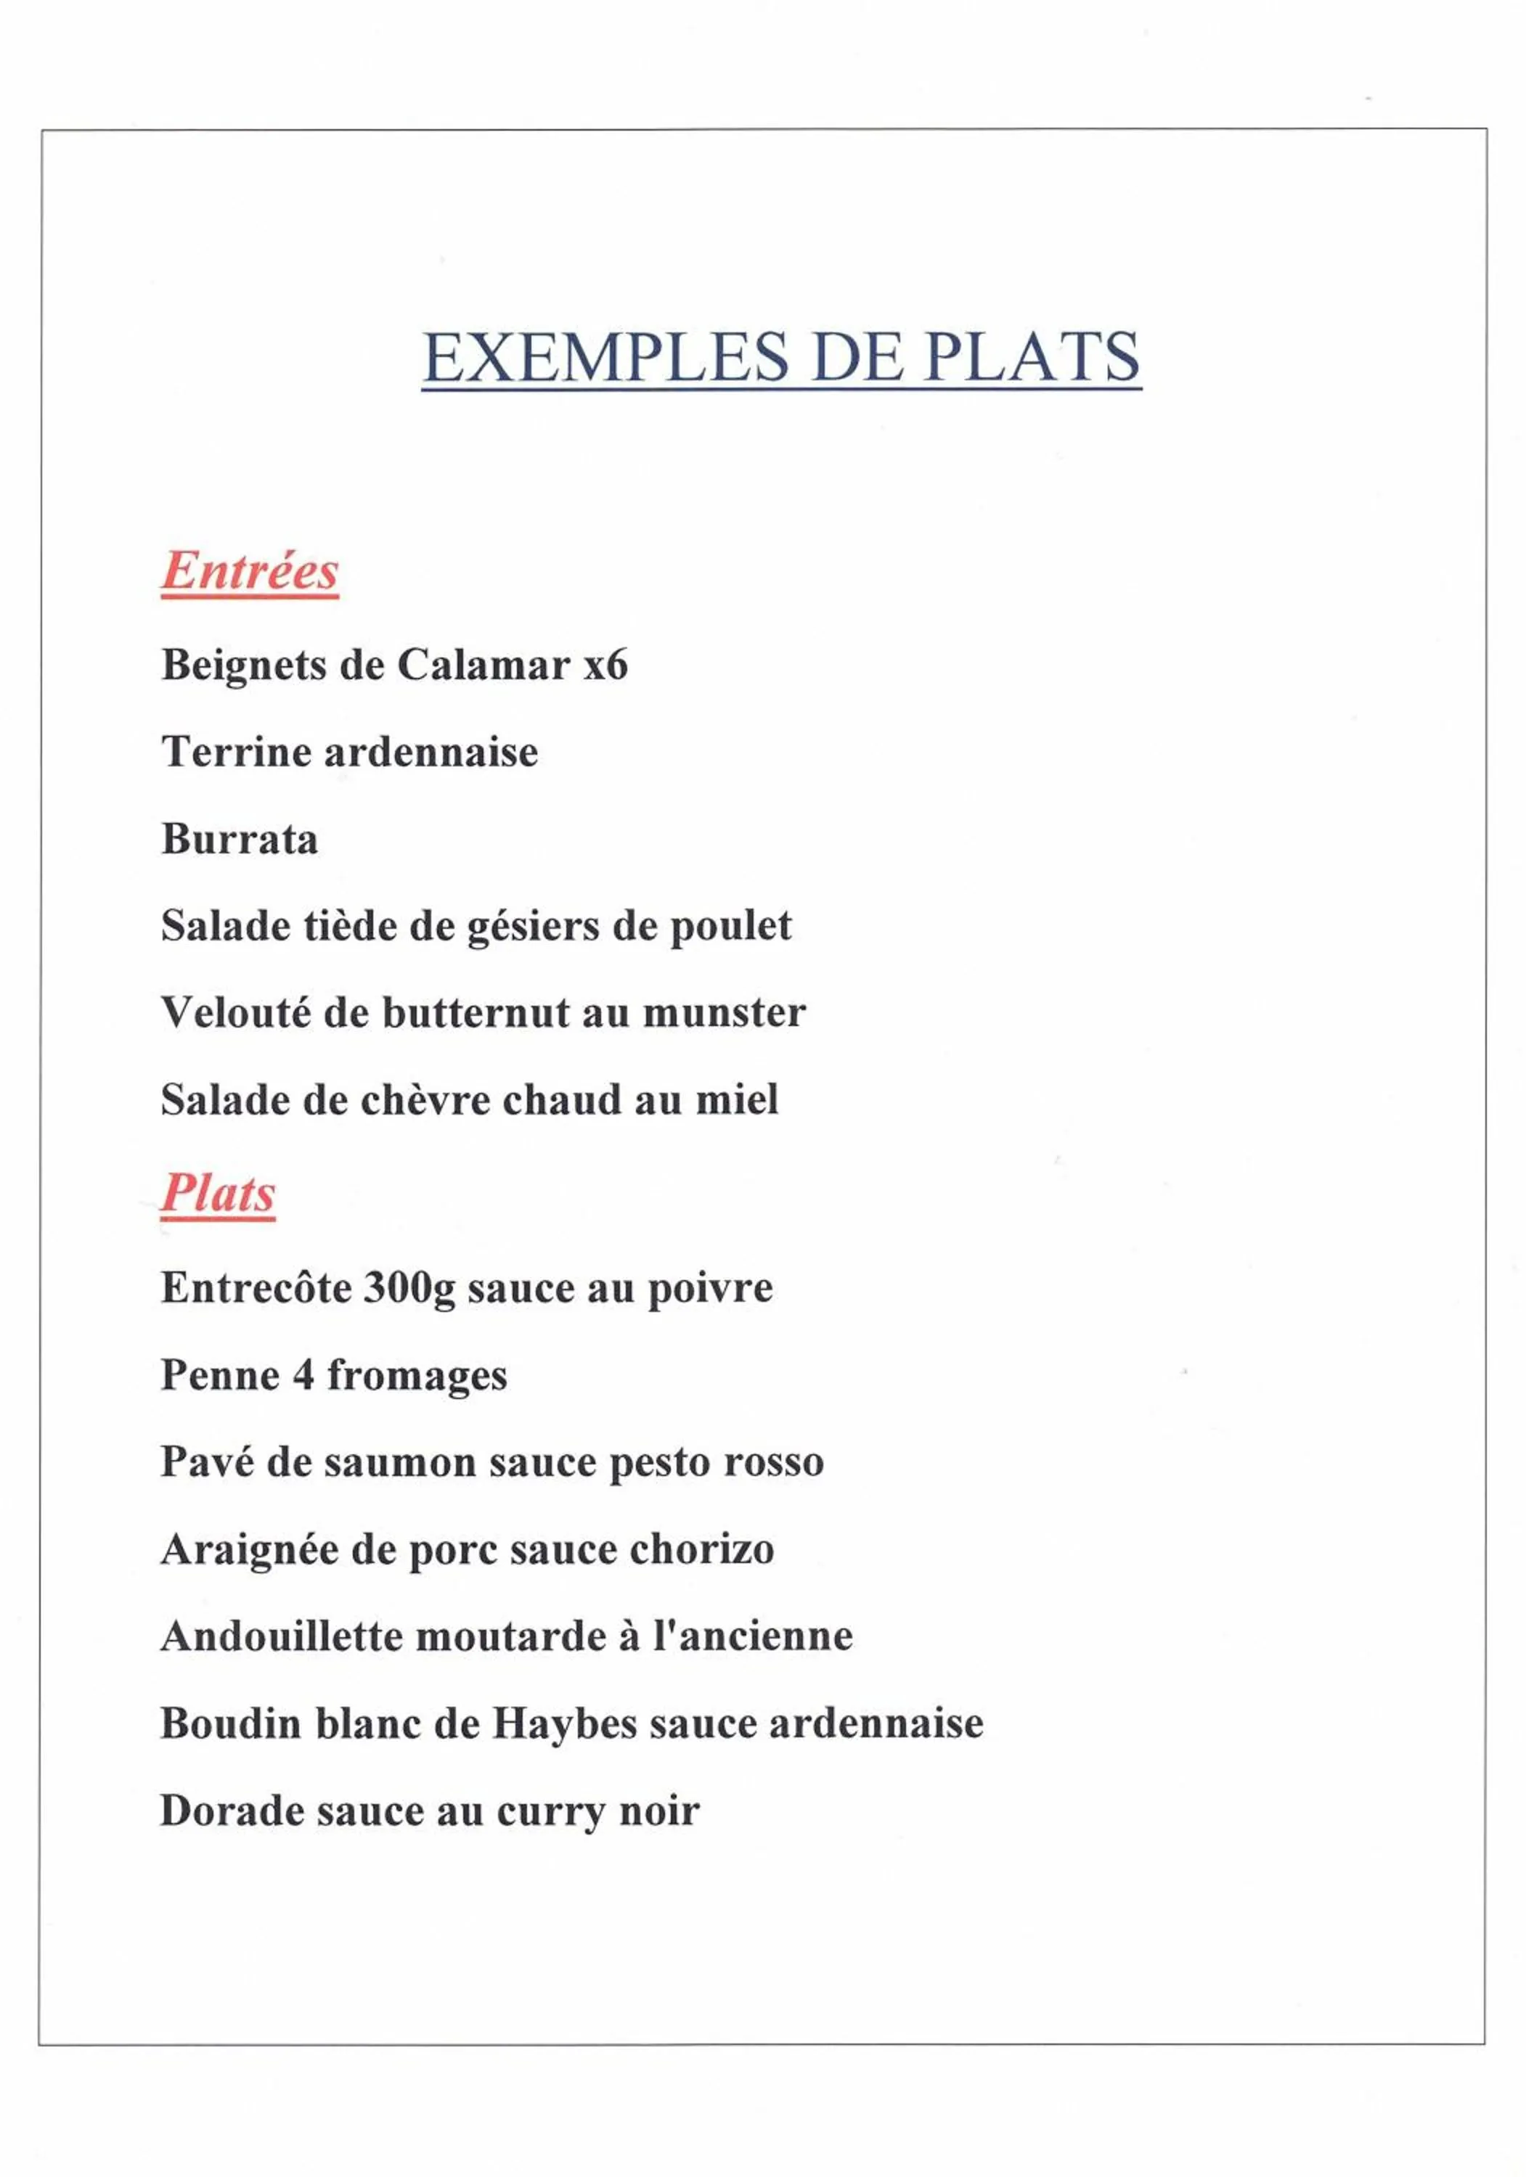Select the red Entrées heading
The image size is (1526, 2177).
tap(250, 571)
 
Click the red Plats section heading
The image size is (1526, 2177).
tap(218, 1193)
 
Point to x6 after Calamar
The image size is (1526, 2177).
tap(605, 665)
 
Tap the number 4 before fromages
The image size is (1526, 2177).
tap(303, 1376)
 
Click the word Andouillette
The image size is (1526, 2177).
tap(282, 1636)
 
